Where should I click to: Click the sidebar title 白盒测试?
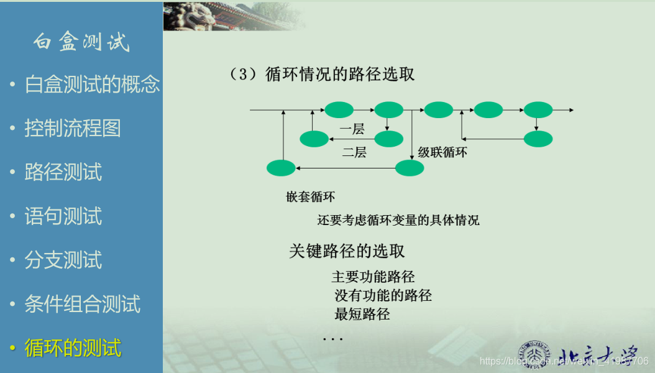(81, 42)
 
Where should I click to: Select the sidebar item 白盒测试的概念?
(93, 84)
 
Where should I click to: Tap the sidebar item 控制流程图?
(73, 128)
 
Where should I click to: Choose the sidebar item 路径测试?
(63, 172)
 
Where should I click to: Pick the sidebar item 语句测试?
(63, 216)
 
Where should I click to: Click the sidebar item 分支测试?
(63, 259)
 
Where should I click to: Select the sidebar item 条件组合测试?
(82, 303)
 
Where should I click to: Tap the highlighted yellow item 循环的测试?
(73, 348)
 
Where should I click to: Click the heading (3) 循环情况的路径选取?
(322, 75)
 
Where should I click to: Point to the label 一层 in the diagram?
(352, 129)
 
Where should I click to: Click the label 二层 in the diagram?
(354, 152)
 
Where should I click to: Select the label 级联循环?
(442, 152)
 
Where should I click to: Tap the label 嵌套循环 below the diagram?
(310, 196)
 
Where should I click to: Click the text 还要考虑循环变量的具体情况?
(398, 220)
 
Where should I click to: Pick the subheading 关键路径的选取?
(347, 251)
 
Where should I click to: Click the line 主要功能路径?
(373, 277)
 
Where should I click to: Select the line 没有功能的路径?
(383, 295)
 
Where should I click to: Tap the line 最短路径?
(362, 314)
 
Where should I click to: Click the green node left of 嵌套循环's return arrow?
(281, 168)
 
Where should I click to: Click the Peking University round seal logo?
(534, 354)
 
